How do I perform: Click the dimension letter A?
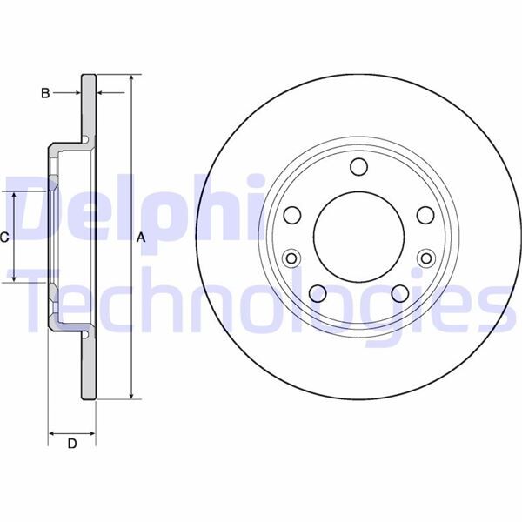(x=139, y=237)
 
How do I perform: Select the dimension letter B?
(x=45, y=91)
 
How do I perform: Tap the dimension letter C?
(x=4, y=237)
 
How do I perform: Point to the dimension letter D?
(x=72, y=445)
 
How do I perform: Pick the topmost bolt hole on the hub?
(x=358, y=168)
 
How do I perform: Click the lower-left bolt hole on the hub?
(x=318, y=292)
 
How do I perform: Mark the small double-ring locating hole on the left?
(x=291, y=258)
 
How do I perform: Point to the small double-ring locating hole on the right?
(x=426, y=258)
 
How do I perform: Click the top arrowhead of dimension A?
(x=130, y=79)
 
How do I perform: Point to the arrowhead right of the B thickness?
(x=99, y=91)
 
